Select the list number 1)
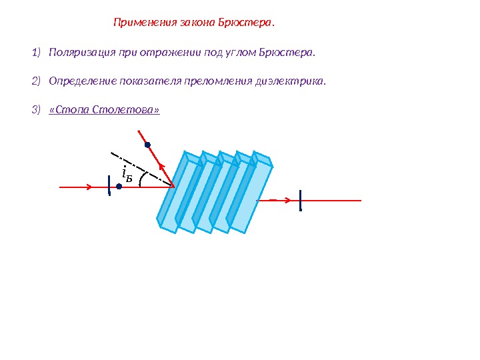click(36, 52)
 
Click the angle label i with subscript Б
click(127, 175)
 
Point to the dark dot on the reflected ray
click(147, 144)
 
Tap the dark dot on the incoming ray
click(119, 187)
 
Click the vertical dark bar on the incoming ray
click(110, 186)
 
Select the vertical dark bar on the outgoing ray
click(301, 201)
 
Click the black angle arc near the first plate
click(141, 180)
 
